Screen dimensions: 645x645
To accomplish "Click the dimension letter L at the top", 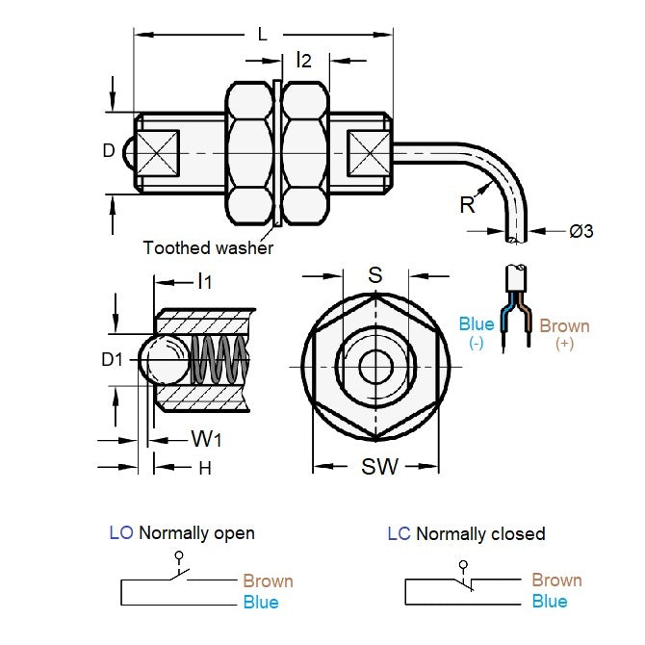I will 262,35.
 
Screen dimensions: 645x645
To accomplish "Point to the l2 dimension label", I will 304,61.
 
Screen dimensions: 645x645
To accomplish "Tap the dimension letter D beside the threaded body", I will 109,150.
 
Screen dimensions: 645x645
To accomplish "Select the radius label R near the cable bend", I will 468,204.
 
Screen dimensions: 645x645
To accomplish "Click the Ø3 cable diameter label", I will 581,231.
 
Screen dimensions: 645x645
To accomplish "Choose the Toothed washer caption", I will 208,247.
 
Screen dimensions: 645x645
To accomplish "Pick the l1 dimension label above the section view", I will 204,282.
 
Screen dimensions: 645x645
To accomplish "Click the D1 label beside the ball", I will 114,360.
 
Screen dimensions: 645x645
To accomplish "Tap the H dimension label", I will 204,468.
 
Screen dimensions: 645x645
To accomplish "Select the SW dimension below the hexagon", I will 379,467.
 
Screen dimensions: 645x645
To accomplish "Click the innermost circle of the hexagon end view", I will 376,366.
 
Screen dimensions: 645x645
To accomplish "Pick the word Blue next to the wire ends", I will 477,324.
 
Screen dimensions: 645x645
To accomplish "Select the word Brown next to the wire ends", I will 564,325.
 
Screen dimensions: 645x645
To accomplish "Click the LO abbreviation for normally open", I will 121,532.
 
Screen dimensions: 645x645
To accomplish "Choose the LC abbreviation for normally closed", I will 399,533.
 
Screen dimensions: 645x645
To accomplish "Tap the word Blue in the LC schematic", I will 550,602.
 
